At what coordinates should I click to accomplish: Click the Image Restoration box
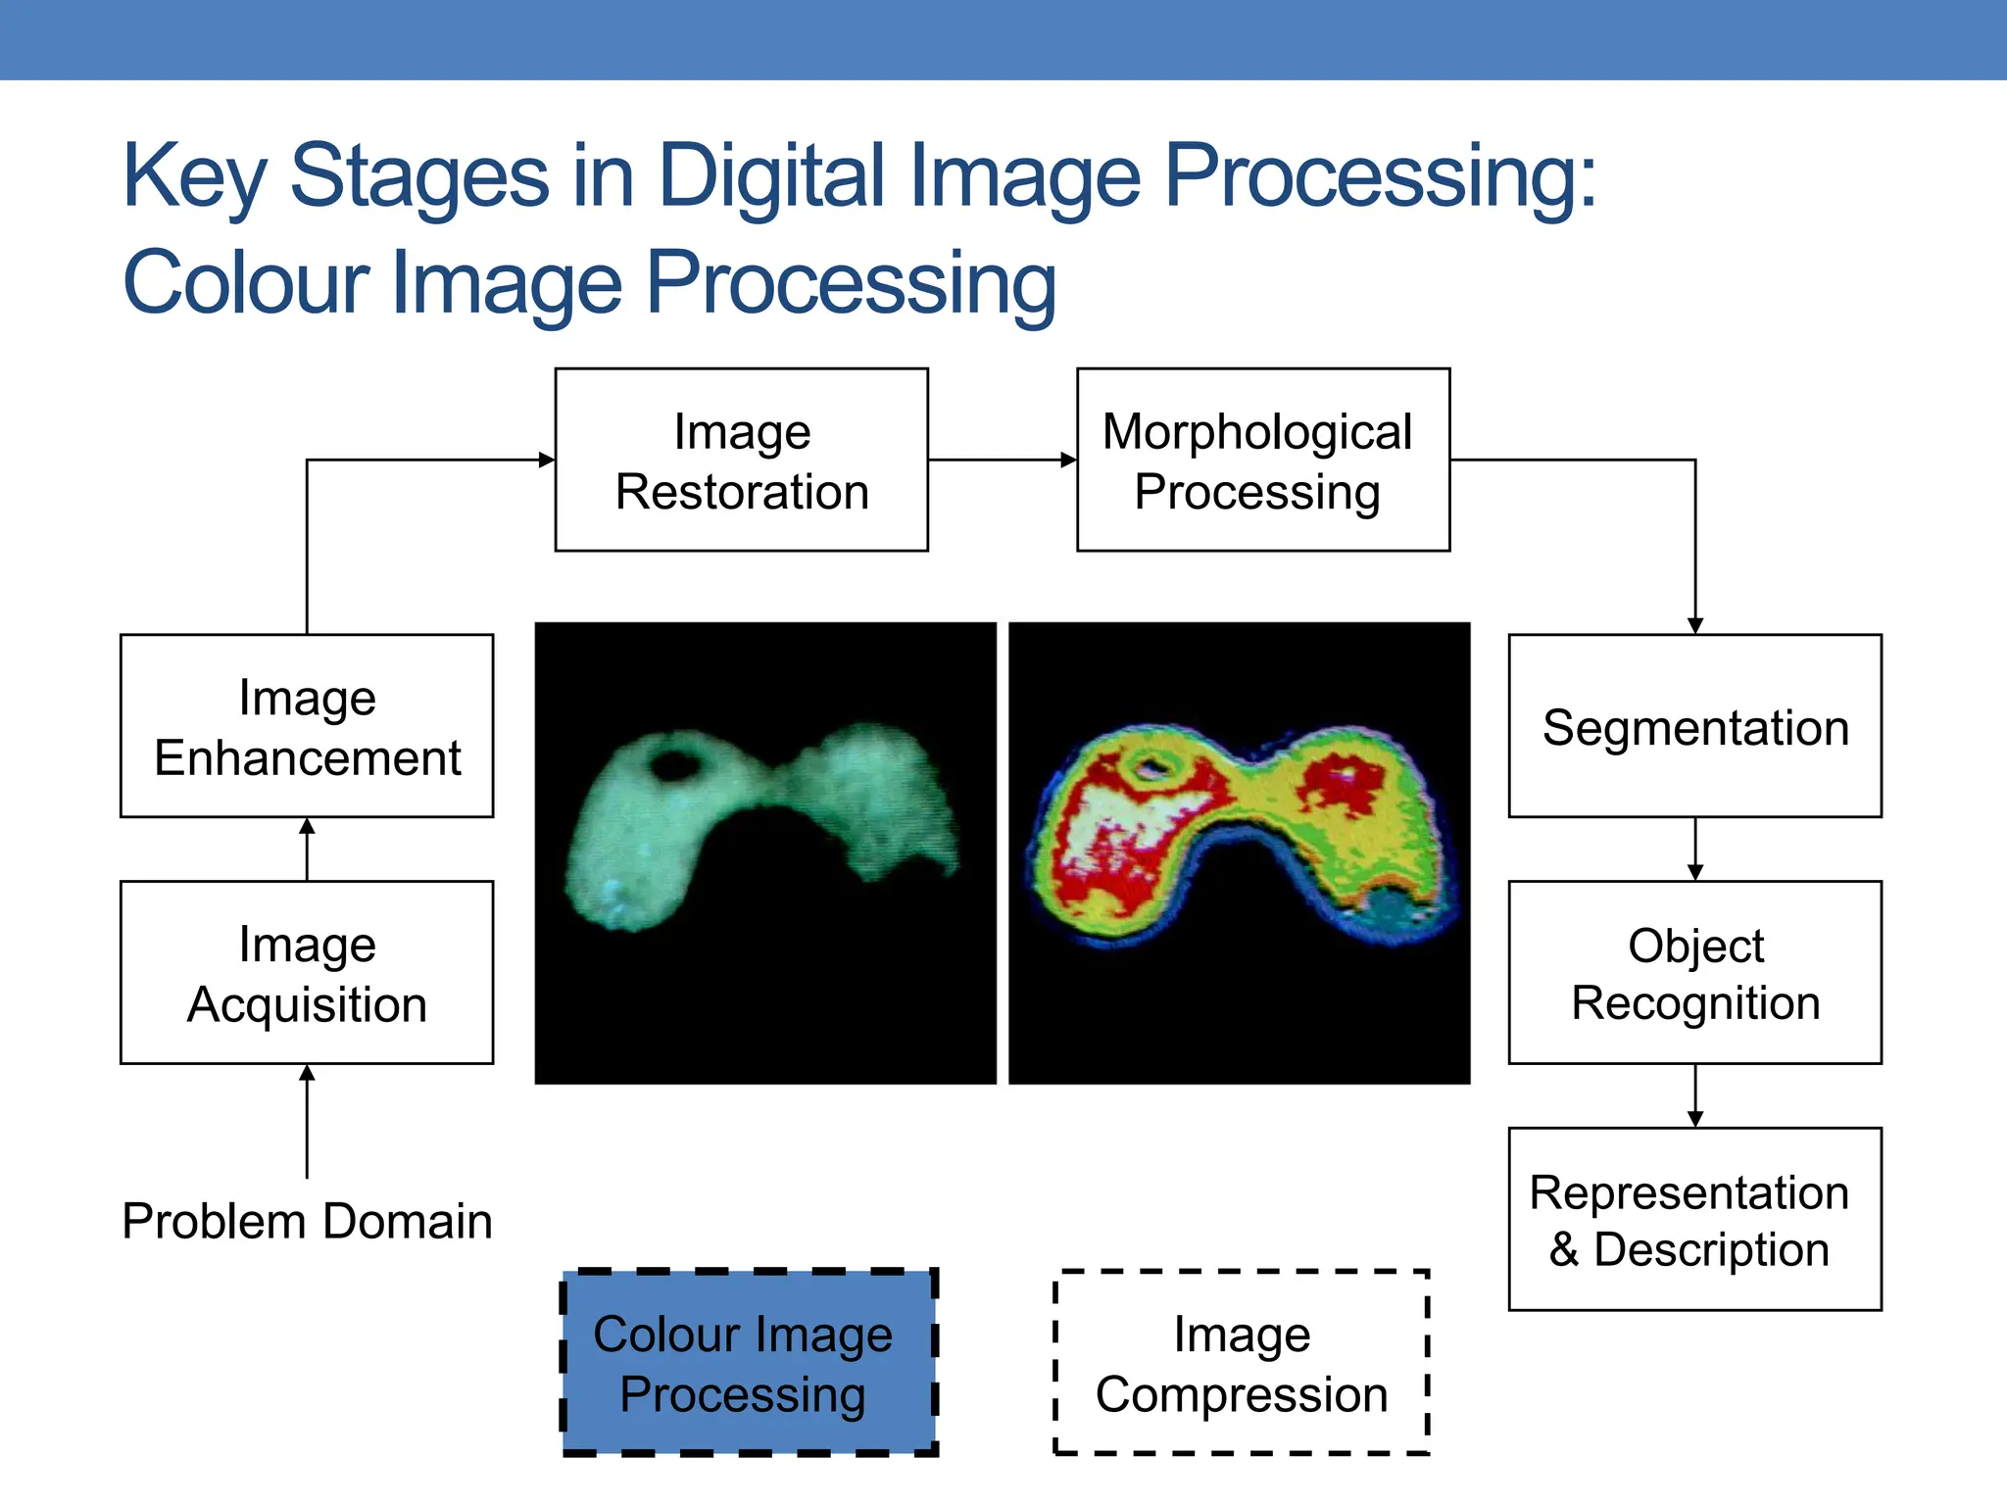point(741,460)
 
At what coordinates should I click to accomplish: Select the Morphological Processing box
point(1262,460)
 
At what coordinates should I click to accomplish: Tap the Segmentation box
point(1694,726)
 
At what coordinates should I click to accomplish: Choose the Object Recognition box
point(1694,972)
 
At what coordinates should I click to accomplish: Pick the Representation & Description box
point(1694,1219)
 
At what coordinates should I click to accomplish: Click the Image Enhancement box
point(307,726)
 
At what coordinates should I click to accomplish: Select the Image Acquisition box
point(307,972)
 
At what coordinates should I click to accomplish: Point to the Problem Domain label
point(307,1222)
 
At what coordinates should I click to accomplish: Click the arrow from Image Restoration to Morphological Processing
point(1002,460)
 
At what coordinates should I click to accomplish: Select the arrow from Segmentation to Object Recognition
point(1695,849)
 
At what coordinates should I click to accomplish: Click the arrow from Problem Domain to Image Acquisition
point(307,1122)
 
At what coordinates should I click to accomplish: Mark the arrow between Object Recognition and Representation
point(1695,1095)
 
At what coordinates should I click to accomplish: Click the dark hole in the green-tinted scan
point(674,763)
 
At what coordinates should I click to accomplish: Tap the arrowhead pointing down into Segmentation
point(1695,626)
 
